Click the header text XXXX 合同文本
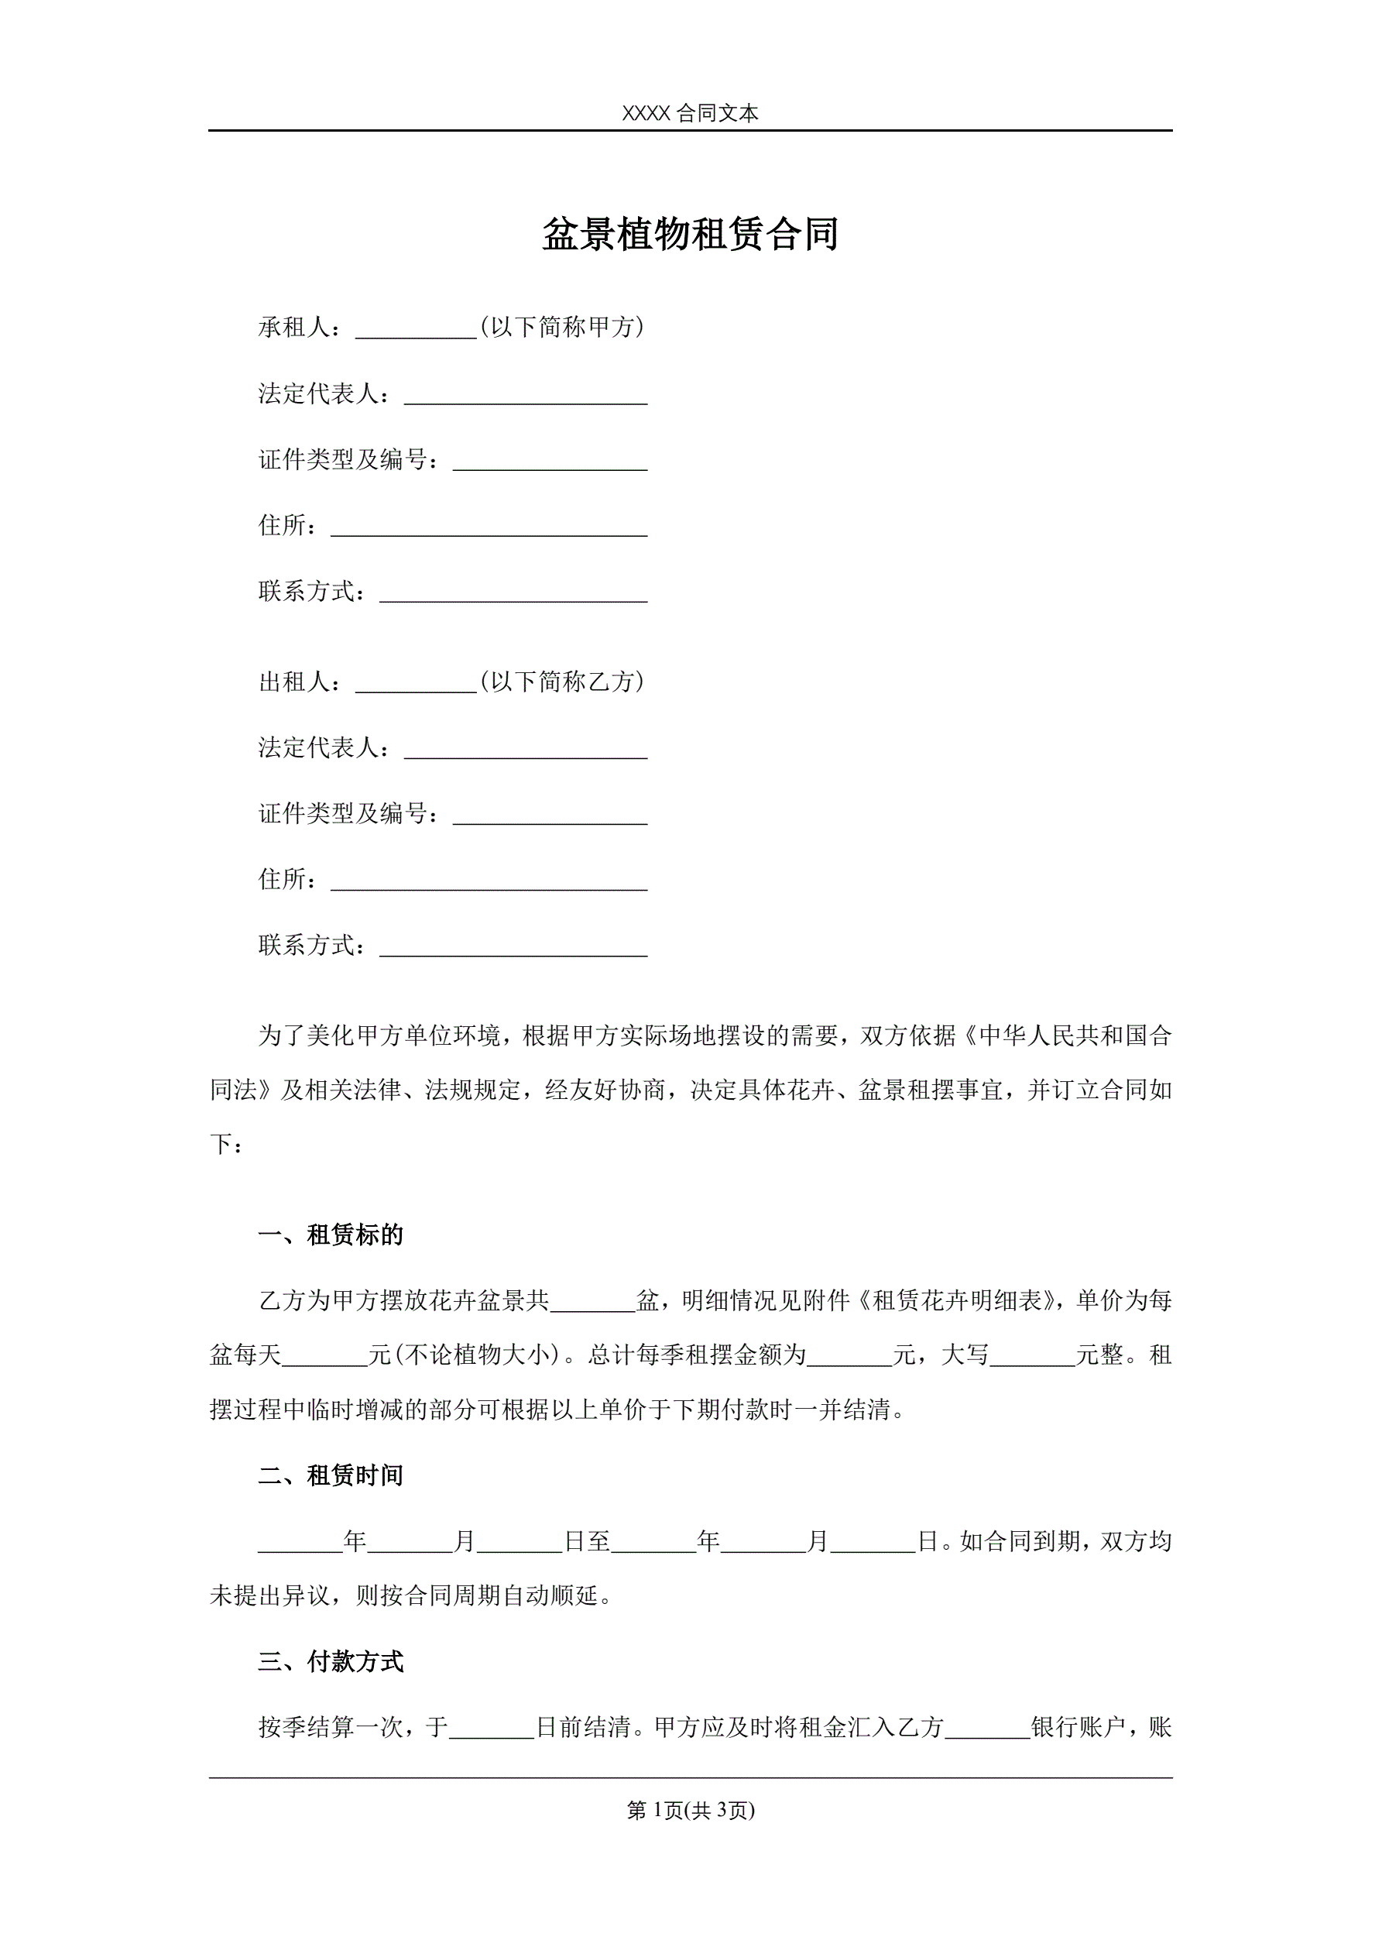point(690,113)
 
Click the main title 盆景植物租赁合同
point(690,234)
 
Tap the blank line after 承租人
point(415,328)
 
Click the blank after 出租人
point(415,682)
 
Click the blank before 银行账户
point(987,1728)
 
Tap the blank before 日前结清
point(491,1728)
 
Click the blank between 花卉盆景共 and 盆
point(593,1302)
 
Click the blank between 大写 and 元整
point(1032,1357)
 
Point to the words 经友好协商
point(604,1090)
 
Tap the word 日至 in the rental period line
point(587,1541)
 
